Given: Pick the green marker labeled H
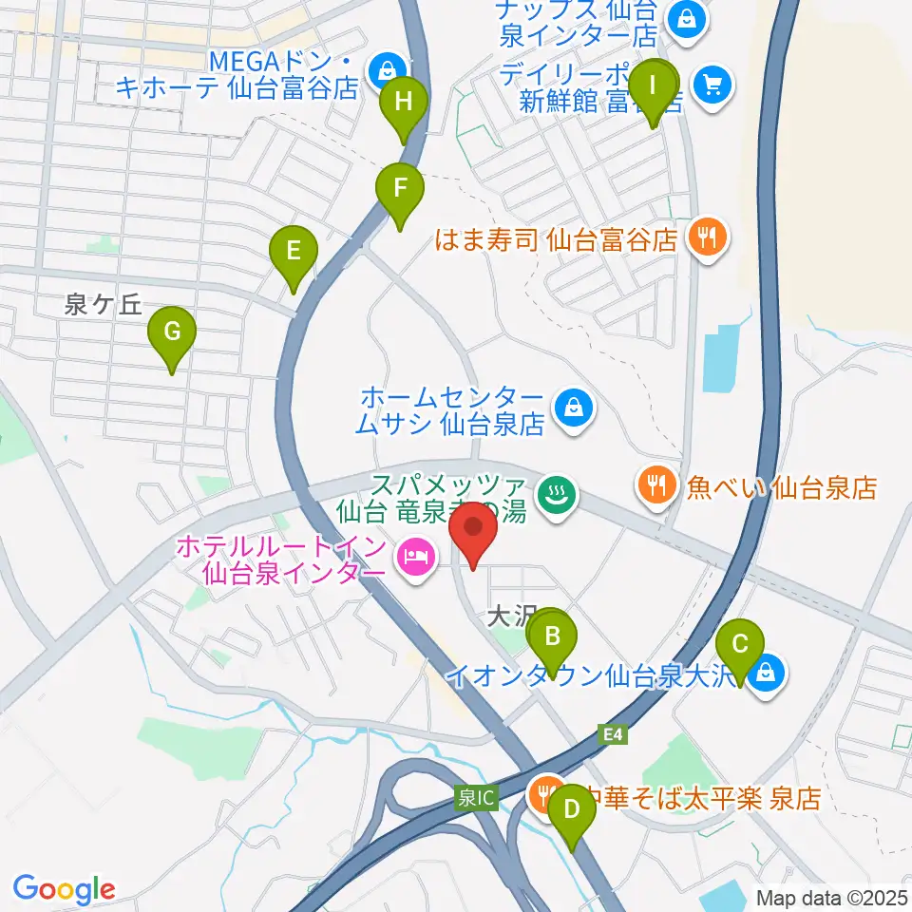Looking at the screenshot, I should click(405, 103).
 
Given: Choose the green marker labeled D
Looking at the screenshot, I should click(572, 810).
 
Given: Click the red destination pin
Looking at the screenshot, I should click(472, 531).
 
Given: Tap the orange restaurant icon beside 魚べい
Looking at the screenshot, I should click(655, 487).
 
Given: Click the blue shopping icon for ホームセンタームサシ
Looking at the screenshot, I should click(573, 409).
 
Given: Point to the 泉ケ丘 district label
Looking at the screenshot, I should click(103, 305).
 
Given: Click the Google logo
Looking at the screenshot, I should click(64, 888).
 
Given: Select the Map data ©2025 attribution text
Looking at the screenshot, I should click(831, 897).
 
